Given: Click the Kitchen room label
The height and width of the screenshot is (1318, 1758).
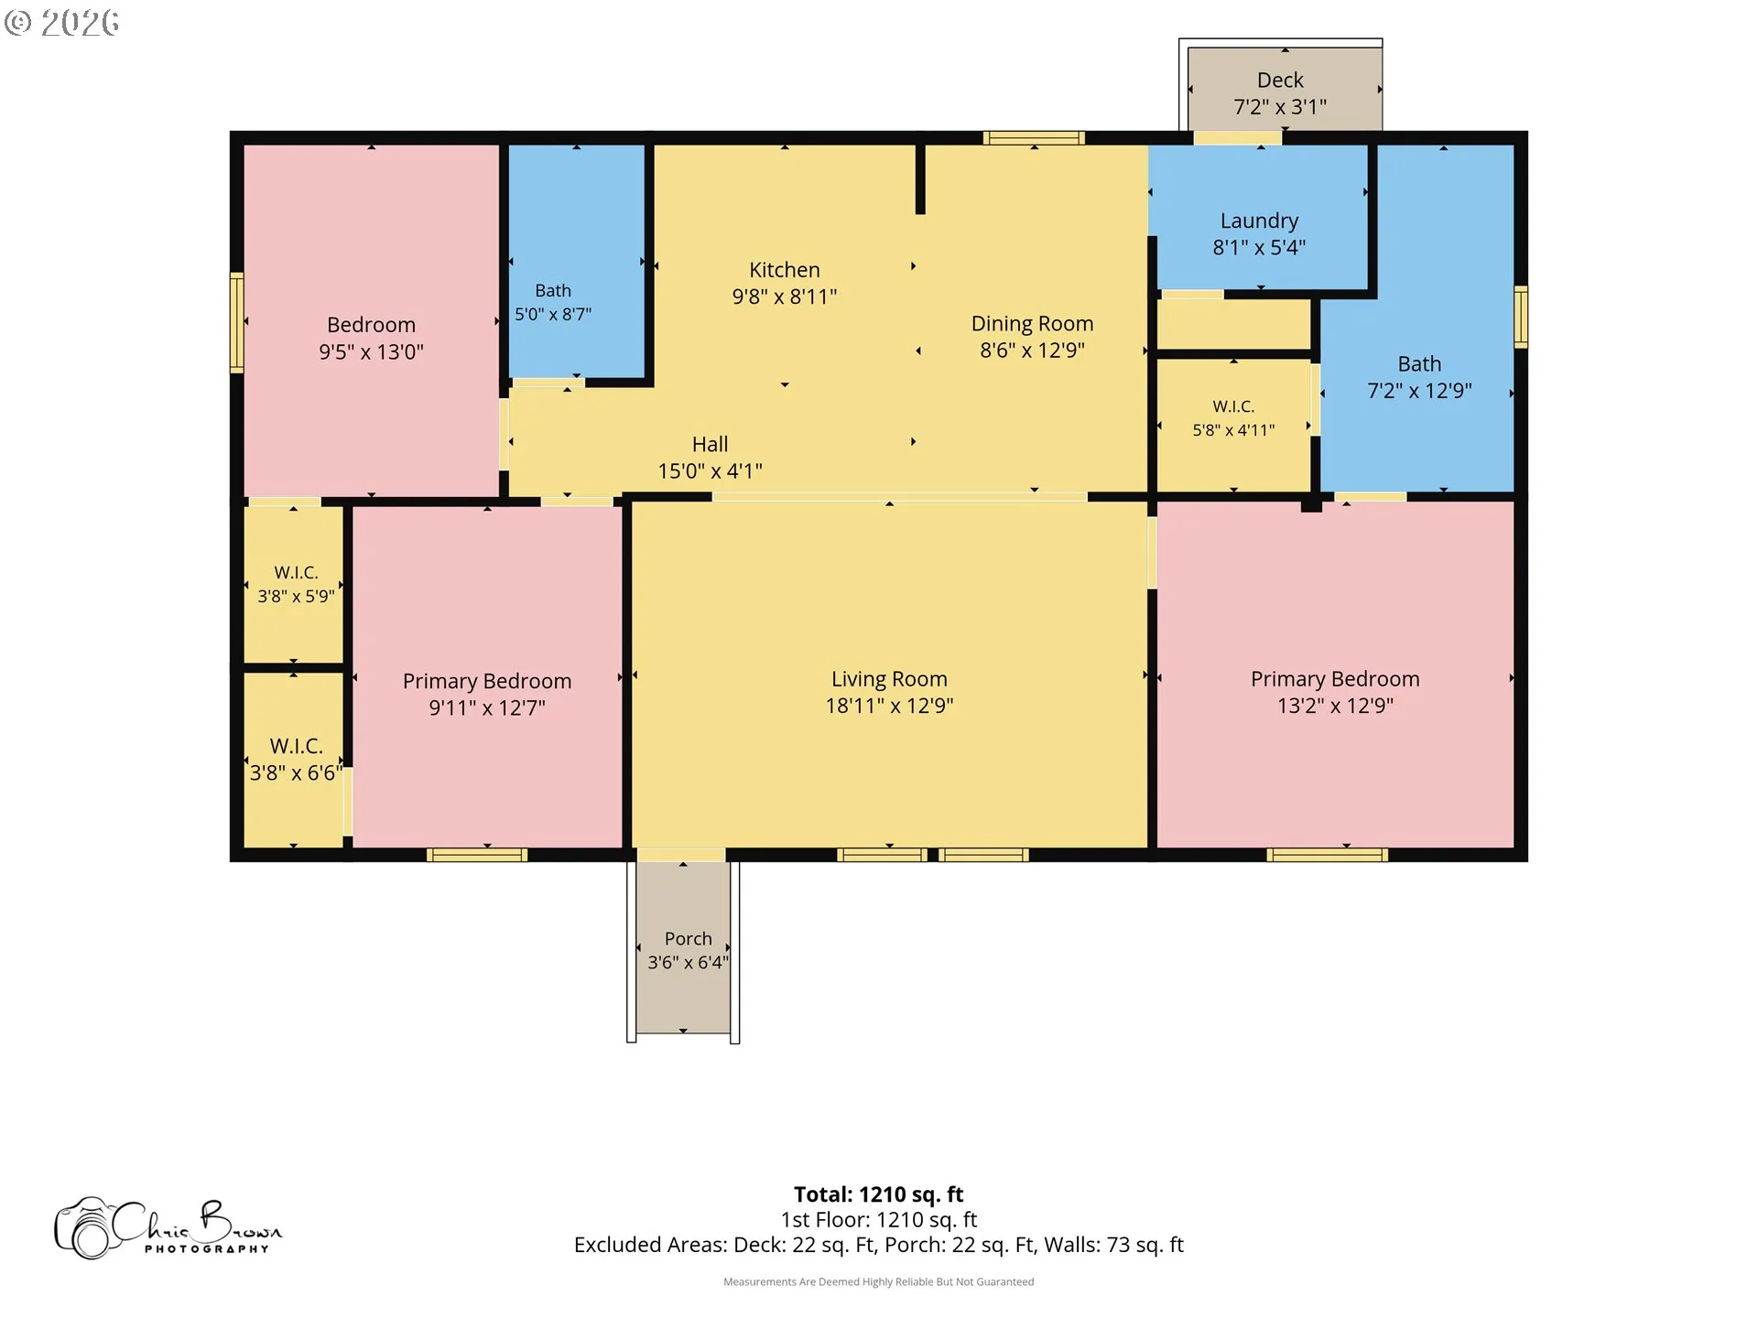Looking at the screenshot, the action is (x=785, y=270).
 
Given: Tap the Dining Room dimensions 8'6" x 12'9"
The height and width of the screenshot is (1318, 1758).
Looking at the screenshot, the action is (x=1032, y=351).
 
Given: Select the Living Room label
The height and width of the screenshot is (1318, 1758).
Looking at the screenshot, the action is (x=889, y=679).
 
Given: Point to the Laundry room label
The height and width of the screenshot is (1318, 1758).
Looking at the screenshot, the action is (x=1259, y=221).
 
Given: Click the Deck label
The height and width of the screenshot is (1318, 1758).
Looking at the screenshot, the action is (x=1280, y=81).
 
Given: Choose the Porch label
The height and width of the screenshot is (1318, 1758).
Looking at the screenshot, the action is (x=688, y=938).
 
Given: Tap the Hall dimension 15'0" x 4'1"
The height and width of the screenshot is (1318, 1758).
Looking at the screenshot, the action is (x=710, y=471).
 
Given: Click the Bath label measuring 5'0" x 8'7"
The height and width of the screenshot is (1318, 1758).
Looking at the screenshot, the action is (x=553, y=290).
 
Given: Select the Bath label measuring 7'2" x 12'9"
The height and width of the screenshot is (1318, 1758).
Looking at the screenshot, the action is (x=1419, y=364).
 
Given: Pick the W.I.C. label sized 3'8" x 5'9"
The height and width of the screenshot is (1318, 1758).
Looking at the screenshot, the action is (x=296, y=573).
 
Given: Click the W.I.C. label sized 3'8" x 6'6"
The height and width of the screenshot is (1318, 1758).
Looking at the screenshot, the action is (x=296, y=746).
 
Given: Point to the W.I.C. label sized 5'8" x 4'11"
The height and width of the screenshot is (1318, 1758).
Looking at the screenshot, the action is (x=1233, y=406).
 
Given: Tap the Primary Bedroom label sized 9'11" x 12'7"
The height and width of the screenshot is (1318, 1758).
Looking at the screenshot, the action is (x=487, y=682).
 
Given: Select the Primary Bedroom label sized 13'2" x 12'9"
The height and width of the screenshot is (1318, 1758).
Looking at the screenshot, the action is (x=1335, y=679).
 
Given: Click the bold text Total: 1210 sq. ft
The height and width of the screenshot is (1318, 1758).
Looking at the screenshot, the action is (x=878, y=1194).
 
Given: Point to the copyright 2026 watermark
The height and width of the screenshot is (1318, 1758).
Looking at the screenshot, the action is (x=62, y=22).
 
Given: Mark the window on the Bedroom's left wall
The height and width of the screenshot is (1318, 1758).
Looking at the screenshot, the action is (x=236, y=322).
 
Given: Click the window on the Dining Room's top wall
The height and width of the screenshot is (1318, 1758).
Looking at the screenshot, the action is (x=1034, y=138).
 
